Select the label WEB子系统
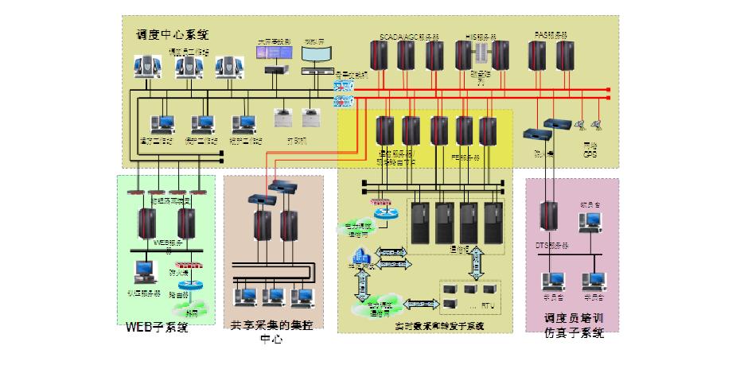[157, 328]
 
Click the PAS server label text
[551, 36]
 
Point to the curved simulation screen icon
[316, 55]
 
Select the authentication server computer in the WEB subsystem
[144, 273]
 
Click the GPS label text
[589, 153]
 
